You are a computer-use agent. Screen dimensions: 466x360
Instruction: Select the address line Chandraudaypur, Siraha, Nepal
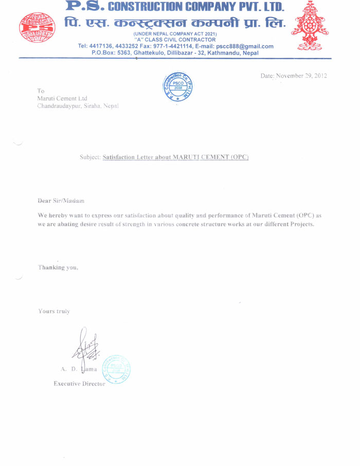click(78, 106)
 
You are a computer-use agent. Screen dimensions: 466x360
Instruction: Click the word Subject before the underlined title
click(90, 156)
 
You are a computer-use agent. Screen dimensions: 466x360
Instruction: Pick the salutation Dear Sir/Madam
click(61, 200)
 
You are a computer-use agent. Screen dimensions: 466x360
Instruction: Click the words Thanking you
click(58, 267)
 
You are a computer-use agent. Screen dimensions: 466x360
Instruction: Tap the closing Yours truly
click(54, 311)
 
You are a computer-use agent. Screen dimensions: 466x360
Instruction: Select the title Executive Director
click(79, 384)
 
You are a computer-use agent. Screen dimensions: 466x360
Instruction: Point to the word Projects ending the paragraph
click(302, 225)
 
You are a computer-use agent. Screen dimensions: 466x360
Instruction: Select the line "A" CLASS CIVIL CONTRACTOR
click(174, 40)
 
